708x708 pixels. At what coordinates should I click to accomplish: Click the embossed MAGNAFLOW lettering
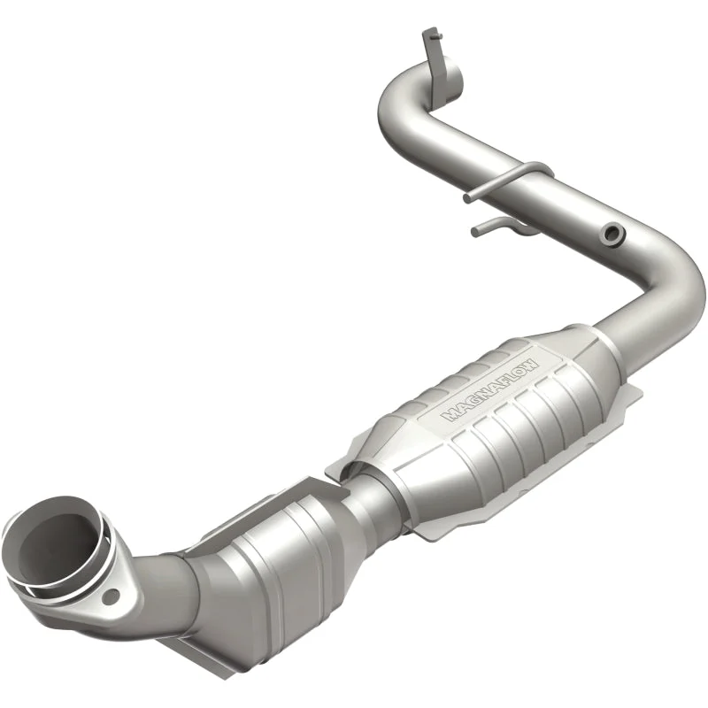(491, 390)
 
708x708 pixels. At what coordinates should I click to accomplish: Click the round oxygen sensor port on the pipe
(613, 234)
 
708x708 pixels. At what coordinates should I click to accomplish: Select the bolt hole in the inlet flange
(111, 596)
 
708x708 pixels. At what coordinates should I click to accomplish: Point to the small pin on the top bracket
(436, 37)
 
